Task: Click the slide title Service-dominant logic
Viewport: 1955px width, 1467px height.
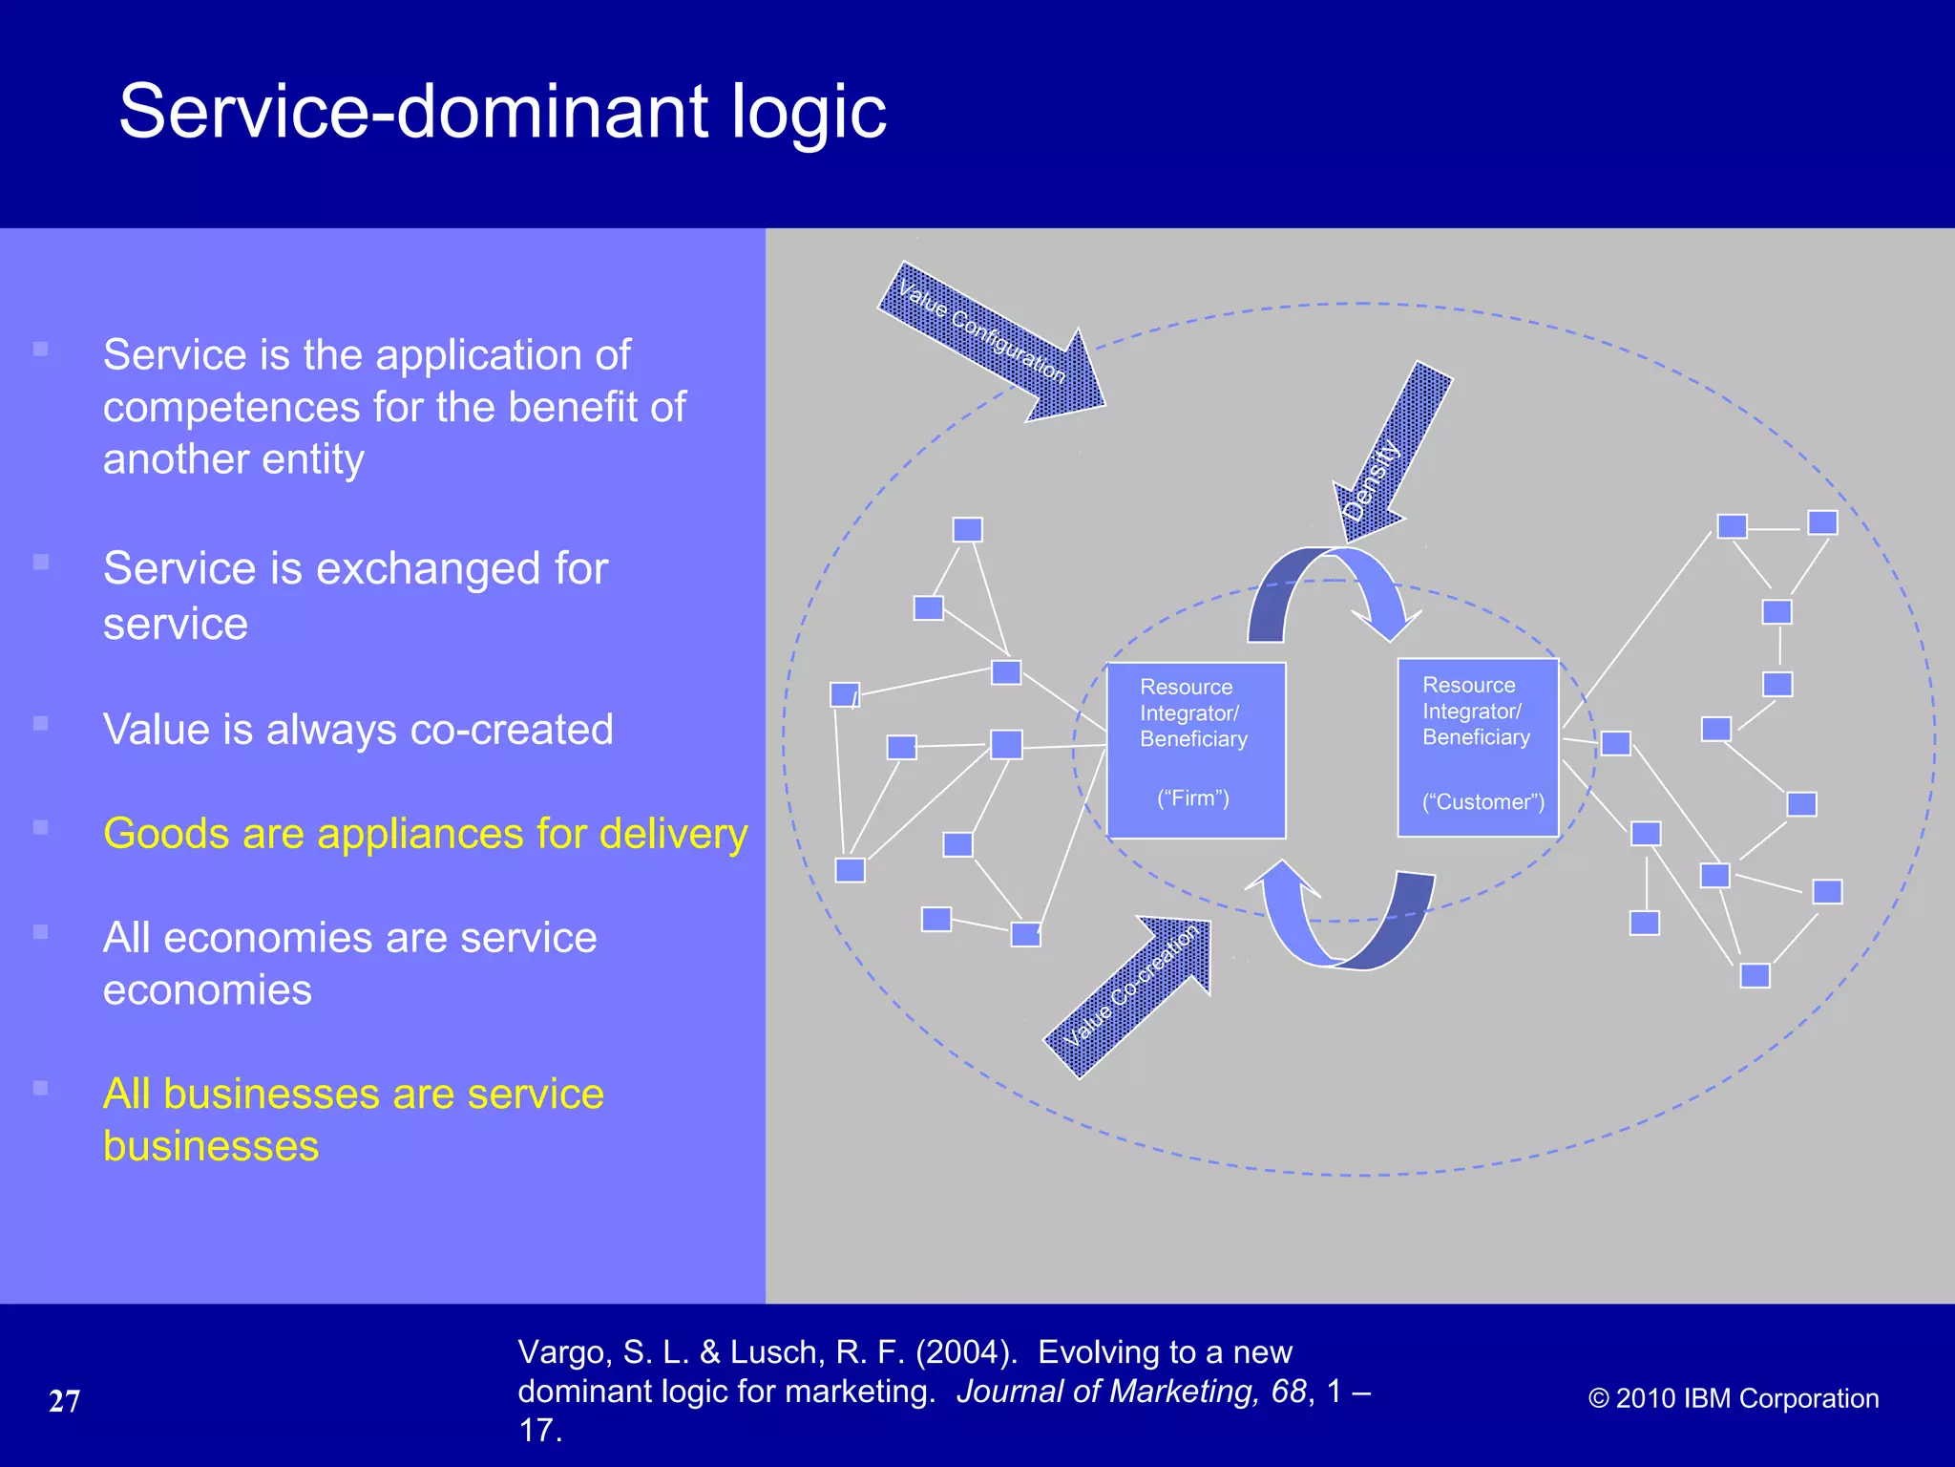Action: pyautogui.click(x=502, y=112)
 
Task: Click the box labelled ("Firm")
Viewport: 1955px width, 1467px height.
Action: pyautogui.click(x=1195, y=751)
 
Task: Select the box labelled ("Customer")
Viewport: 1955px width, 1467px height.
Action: pyautogui.click(x=1478, y=748)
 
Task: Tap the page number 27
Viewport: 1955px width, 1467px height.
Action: pyautogui.click(x=64, y=1401)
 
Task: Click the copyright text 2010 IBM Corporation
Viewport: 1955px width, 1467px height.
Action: pyautogui.click(x=1734, y=1398)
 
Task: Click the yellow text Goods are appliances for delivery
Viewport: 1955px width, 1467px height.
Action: pyautogui.click(x=425, y=834)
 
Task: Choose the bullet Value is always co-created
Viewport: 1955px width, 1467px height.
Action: pyautogui.click(x=358, y=730)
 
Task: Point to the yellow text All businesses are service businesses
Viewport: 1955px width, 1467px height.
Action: pyautogui.click(x=353, y=1119)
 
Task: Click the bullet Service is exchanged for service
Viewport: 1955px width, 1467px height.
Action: pyautogui.click(x=355, y=595)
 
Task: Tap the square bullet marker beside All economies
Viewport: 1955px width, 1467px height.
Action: pyautogui.click(x=40, y=931)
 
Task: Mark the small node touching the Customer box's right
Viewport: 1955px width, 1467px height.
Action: pyautogui.click(x=1615, y=743)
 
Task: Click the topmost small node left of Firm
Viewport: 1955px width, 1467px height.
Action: pyautogui.click(x=967, y=529)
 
